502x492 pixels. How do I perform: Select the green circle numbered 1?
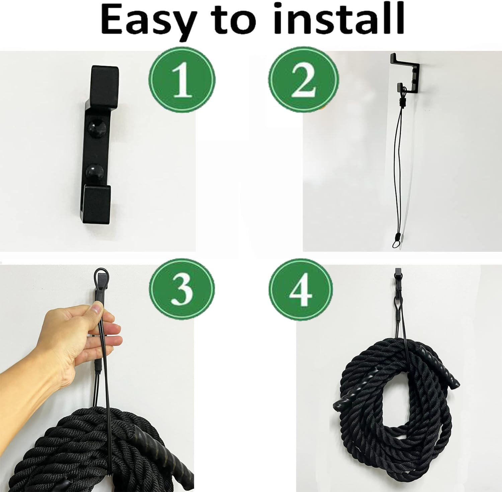coord(182,80)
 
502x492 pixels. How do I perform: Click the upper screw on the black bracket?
coord(97,128)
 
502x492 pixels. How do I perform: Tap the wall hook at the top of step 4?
coord(398,273)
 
